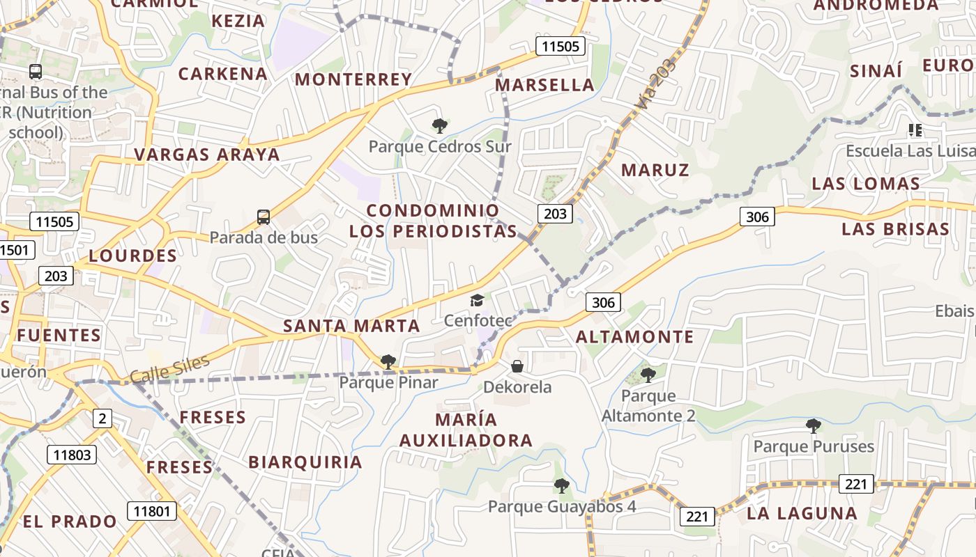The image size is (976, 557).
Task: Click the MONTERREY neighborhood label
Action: [x=353, y=79]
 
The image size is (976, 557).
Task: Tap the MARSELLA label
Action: [x=544, y=86]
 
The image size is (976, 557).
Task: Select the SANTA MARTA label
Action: [x=351, y=326]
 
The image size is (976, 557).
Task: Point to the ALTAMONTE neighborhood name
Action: [x=635, y=337]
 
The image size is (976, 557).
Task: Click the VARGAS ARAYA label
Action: [x=207, y=155]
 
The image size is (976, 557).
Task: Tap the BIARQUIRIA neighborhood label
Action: [x=305, y=462]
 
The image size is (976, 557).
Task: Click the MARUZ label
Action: [x=655, y=170]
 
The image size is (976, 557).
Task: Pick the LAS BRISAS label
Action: [x=895, y=229]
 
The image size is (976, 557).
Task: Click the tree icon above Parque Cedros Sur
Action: [x=439, y=126]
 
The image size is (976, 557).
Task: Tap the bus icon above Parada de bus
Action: [x=263, y=217]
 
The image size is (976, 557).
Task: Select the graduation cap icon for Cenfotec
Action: [x=477, y=300]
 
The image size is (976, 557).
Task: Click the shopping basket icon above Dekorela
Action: [x=517, y=366]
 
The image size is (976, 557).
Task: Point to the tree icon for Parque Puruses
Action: [x=813, y=425]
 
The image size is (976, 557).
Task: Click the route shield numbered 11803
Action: [x=72, y=455]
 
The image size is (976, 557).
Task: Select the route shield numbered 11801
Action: [x=151, y=511]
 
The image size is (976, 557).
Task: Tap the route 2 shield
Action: [x=102, y=418]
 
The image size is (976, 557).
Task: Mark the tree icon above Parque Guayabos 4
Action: [x=561, y=486]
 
